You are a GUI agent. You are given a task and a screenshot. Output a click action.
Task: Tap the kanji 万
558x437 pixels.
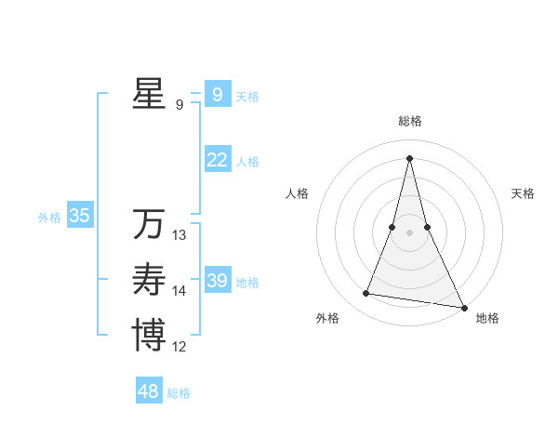click(149, 224)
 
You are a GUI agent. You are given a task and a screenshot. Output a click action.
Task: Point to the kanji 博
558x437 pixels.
click(149, 335)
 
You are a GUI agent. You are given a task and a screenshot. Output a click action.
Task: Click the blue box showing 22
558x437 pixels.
click(217, 160)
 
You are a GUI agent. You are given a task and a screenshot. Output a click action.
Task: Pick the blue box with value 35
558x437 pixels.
click(79, 216)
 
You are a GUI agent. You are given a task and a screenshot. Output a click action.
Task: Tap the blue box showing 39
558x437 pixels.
click(217, 281)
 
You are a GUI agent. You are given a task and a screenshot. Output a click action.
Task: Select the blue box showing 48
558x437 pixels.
click(149, 391)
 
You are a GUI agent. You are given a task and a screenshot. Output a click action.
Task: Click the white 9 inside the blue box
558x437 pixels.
click(217, 94)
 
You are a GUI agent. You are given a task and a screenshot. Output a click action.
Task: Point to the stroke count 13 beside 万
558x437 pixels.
click(179, 235)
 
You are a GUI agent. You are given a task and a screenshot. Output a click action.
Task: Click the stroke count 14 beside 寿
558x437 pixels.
click(179, 291)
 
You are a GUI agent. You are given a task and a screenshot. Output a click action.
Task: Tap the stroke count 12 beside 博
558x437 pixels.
click(179, 347)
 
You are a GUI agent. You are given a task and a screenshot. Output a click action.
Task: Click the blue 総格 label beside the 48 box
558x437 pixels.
click(179, 393)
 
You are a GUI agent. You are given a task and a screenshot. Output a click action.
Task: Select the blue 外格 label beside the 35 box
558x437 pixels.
click(49, 218)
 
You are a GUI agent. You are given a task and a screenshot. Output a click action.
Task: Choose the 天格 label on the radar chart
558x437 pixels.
click(523, 193)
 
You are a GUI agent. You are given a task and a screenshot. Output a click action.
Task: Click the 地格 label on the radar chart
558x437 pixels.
click(487, 318)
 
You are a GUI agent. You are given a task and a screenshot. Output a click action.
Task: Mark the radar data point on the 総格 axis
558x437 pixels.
click(409, 157)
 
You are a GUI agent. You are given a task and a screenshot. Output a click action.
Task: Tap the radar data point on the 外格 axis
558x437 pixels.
click(366, 294)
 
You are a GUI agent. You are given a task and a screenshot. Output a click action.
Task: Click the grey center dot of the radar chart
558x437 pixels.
click(409, 232)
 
